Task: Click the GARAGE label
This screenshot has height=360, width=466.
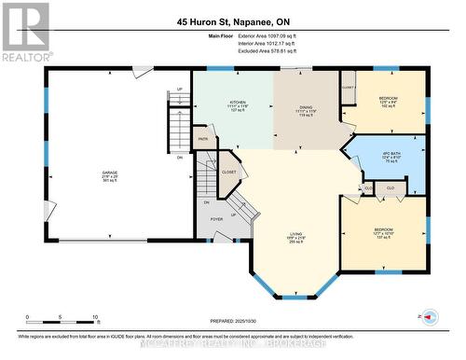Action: tap(110, 173)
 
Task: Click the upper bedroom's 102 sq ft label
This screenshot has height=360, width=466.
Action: tap(387, 107)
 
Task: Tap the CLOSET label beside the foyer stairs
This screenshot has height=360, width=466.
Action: tap(228, 172)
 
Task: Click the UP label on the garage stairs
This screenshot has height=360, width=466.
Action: tap(179, 90)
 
